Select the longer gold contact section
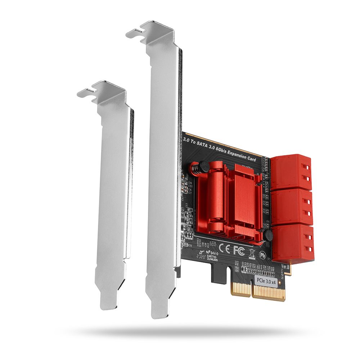(x=269, y=292)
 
